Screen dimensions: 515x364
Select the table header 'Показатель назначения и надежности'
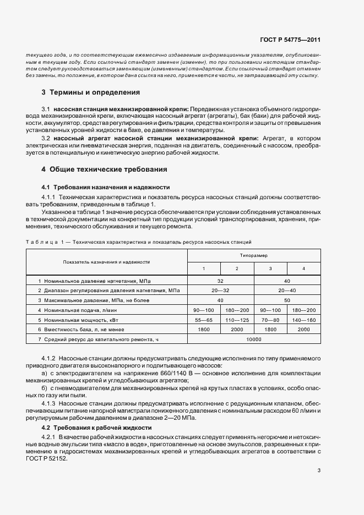pos(106,262)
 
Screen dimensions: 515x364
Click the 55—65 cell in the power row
pos(204,319)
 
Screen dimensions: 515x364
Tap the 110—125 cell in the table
pos(237,319)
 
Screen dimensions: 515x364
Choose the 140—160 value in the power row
pos(304,319)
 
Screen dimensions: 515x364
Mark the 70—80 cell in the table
pos(270,319)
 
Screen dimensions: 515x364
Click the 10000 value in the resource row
pos(254,340)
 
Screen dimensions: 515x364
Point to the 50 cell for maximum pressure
pos(287,300)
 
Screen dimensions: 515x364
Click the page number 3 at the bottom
pos(319,470)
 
